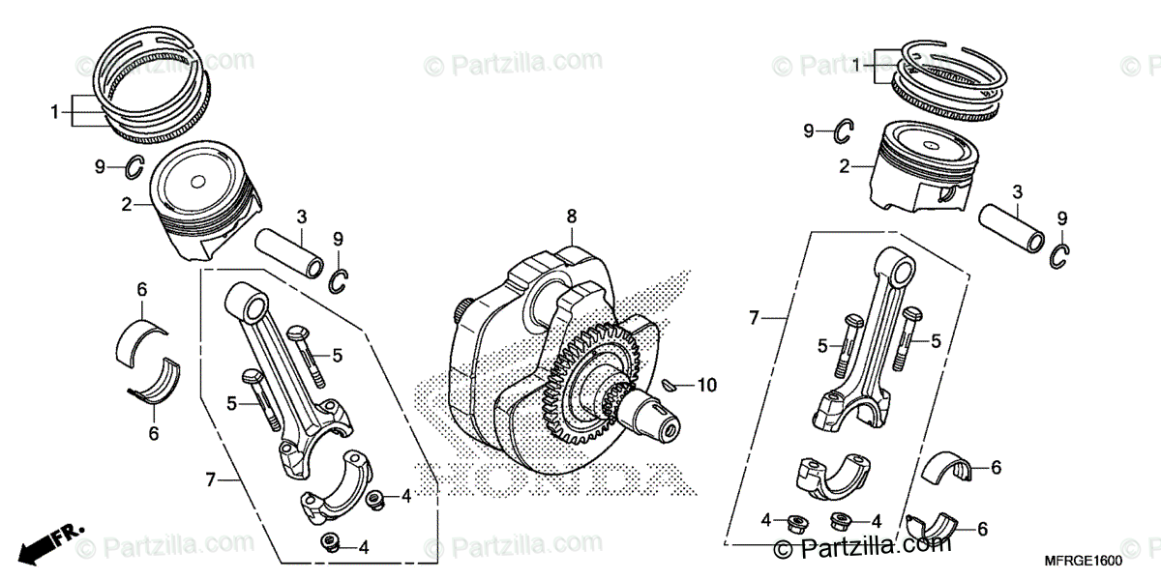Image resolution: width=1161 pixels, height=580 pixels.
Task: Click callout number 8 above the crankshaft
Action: (572, 216)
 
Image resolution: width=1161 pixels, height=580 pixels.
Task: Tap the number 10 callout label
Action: (706, 386)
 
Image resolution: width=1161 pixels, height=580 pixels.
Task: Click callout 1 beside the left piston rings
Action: (55, 111)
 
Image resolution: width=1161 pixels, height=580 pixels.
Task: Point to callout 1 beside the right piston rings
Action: (856, 64)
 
